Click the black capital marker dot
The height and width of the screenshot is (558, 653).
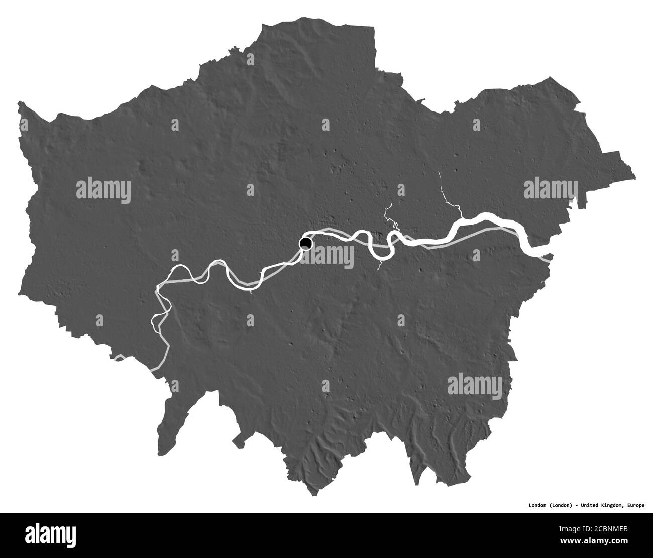305,244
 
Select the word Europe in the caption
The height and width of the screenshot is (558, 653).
636,505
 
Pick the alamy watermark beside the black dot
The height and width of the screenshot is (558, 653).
327,258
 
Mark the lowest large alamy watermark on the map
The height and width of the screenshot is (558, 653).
474,385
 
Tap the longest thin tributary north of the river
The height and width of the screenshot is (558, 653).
444,193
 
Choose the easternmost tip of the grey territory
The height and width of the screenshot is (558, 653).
634,177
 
